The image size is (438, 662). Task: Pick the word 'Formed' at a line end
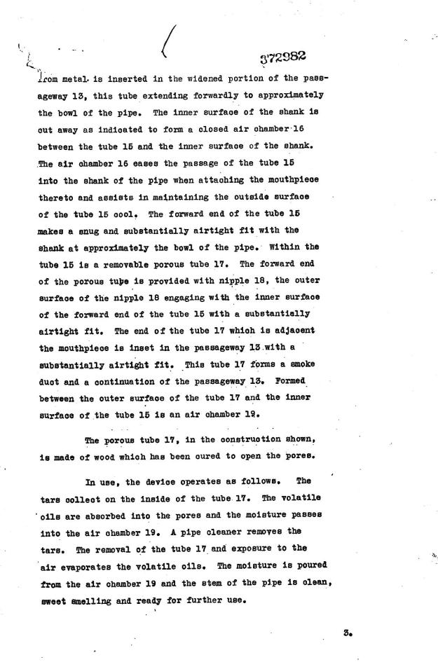click(x=295, y=379)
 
